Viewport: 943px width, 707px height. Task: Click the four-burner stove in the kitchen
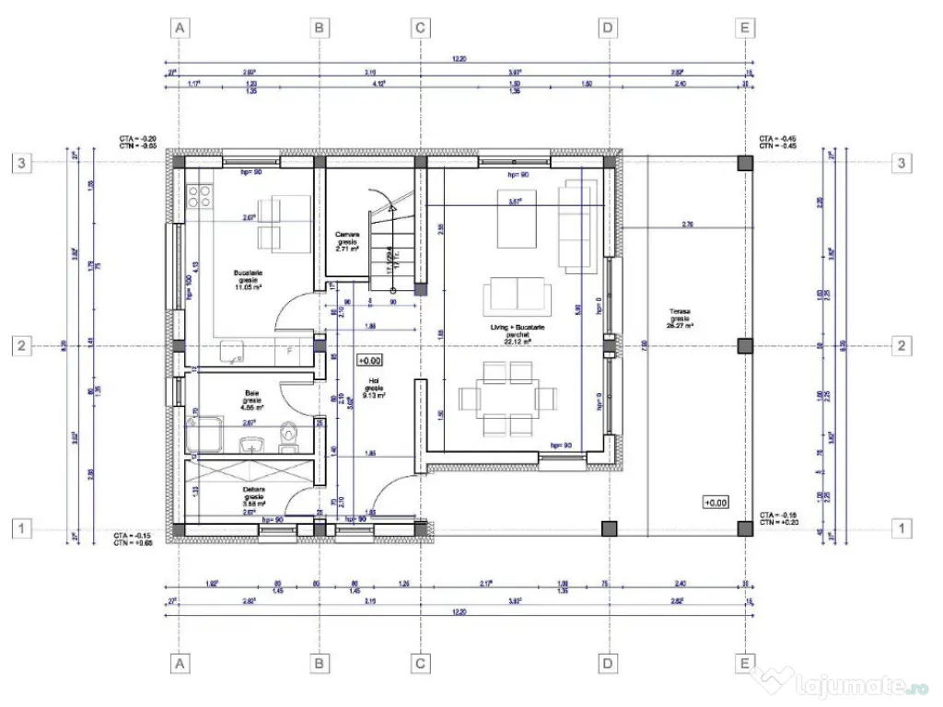pyautogui.click(x=199, y=196)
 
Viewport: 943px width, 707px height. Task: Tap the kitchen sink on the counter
pyautogui.click(x=231, y=350)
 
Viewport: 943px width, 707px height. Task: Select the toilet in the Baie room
pyautogui.click(x=288, y=438)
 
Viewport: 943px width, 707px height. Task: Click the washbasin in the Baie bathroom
pyautogui.click(x=250, y=446)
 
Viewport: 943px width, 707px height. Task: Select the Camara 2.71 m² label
pyautogui.click(x=346, y=242)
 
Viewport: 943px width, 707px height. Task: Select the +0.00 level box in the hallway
pyautogui.click(x=370, y=361)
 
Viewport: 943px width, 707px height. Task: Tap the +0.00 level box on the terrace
pyautogui.click(x=716, y=503)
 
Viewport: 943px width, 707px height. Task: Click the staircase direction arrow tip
pyautogui.click(x=395, y=209)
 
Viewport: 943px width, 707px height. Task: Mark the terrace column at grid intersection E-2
pyautogui.click(x=745, y=346)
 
